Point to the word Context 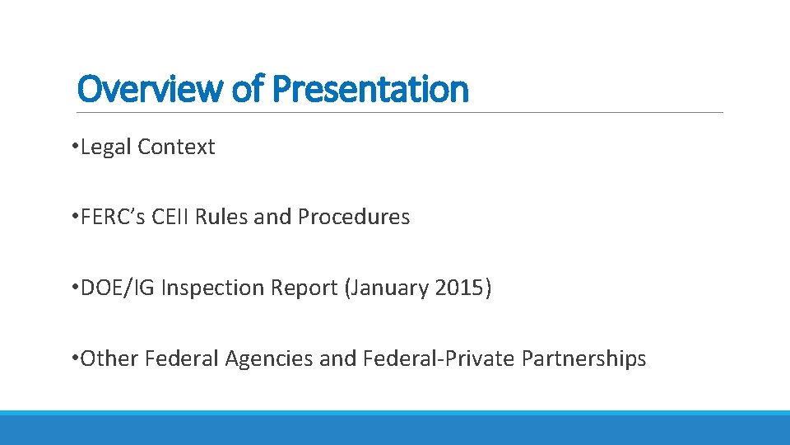[176, 148]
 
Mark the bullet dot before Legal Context [74, 147]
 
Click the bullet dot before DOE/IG [74, 288]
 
